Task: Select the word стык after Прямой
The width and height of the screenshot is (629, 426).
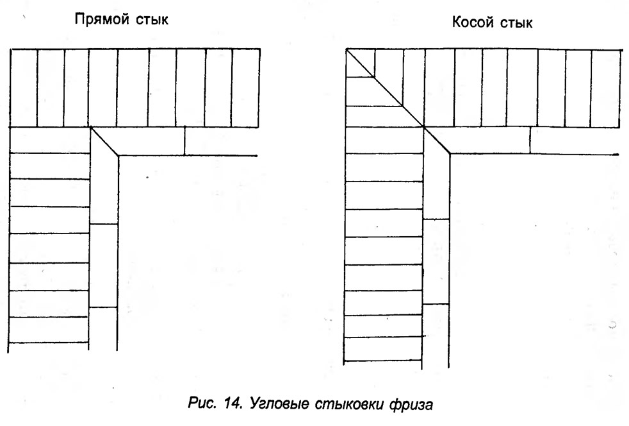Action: pyautogui.click(x=152, y=20)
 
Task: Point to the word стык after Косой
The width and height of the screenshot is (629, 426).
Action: pyautogui.click(x=516, y=23)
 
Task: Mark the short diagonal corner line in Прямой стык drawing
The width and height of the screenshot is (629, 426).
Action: pyautogui.click(x=104, y=141)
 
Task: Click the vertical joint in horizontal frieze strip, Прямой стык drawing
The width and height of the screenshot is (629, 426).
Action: pyautogui.click(x=184, y=141)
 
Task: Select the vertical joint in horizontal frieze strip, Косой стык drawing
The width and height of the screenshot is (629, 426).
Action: pyautogui.click(x=530, y=141)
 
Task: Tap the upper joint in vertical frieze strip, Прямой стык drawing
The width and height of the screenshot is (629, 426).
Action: pyautogui.click(x=104, y=224)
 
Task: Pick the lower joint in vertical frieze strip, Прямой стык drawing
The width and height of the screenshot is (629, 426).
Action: pyautogui.click(x=103, y=307)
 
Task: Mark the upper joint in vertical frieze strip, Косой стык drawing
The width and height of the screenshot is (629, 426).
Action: pyautogui.click(x=436, y=219)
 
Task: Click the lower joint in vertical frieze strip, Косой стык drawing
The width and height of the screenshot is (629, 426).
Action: pyautogui.click(x=436, y=304)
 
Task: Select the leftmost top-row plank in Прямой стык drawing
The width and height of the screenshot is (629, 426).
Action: pyautogui.click(x=24, y=88)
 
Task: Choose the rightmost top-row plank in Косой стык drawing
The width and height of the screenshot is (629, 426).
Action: pyautogui.click(x=605, y=89)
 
